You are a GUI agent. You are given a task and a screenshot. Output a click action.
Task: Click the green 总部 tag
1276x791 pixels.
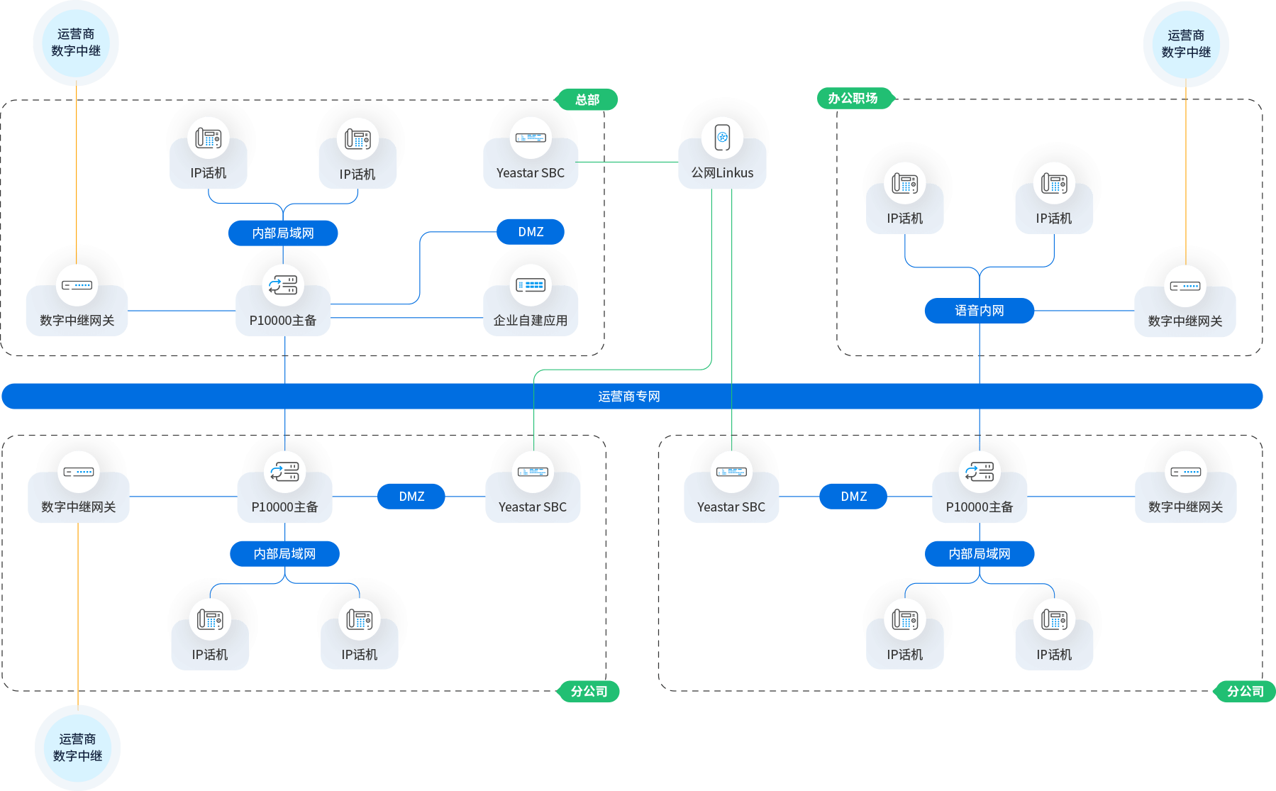587,100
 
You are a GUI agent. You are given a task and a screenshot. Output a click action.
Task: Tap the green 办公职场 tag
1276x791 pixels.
853,99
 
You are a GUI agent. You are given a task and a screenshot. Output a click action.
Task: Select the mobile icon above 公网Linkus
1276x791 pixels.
723,137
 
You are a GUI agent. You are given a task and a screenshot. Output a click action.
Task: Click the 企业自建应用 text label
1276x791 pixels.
531,321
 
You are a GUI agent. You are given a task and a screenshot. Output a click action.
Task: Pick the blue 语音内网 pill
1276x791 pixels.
979,311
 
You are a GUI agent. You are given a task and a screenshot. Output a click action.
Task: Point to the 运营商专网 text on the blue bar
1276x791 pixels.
629,397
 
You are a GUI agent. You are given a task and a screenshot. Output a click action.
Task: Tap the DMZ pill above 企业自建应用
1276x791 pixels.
531,232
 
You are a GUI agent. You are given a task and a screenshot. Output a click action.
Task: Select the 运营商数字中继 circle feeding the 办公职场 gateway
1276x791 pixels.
1186,44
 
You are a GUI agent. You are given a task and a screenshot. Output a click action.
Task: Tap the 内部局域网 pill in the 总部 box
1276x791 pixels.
283,233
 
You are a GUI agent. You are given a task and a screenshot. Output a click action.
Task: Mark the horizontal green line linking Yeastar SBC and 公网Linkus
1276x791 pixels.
628,162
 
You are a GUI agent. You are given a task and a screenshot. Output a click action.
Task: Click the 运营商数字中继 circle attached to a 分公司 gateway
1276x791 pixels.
78,748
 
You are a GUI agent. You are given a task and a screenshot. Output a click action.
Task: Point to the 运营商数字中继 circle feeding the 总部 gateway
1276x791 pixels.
76,43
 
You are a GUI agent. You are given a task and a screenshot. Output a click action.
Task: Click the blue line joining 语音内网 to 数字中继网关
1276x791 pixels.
1085,311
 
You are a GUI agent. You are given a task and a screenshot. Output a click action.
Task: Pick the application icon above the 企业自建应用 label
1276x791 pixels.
531,285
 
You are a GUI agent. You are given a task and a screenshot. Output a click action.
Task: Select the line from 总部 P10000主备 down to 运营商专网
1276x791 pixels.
285,360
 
